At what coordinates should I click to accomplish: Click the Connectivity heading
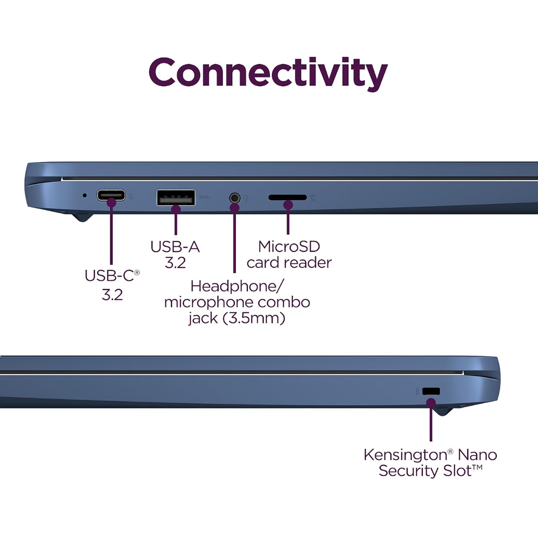point(268,74)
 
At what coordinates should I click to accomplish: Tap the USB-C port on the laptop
point(111,195)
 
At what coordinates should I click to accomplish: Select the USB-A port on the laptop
point(175,198)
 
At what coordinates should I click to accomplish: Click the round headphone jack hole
point(234,198)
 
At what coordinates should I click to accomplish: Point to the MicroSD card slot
point(287,198)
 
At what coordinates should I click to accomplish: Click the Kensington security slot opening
point(431,391)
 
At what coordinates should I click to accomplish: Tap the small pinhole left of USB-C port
point(85,195)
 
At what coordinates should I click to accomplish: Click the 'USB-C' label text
point(109,275)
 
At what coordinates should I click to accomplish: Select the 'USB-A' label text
point(175,247)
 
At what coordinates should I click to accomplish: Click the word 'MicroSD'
point(289,246)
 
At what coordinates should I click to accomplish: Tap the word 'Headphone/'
point(237,286)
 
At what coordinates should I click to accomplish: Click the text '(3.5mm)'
point(254,318)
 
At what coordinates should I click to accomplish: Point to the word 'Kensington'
point(405,456)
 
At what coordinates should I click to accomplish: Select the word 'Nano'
point(477,455)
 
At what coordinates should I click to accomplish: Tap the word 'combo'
point(284,302)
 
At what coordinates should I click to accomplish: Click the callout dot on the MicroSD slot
point(288,205)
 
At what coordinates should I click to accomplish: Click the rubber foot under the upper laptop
point(82,218)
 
